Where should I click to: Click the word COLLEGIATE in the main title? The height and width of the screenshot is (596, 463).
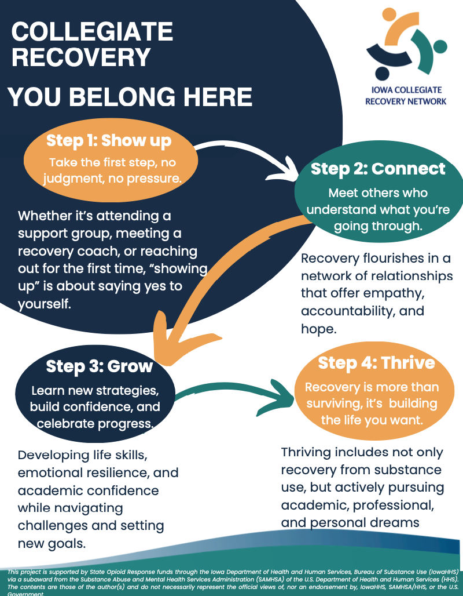pyautogui.click(x=92, y=32)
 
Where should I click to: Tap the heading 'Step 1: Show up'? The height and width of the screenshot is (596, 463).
pyautogui.click(x=109, y=140)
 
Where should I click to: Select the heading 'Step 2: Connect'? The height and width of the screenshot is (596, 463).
pyautogui.click(x=378, y=169)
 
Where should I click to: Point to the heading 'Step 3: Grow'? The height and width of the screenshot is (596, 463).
pyautogui.click(x=100, y=366)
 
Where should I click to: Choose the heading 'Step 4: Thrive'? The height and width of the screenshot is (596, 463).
pyautogui.click(x=376, y=363)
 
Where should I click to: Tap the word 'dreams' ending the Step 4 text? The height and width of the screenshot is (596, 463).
pyautogui.click(x=392, y=522)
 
